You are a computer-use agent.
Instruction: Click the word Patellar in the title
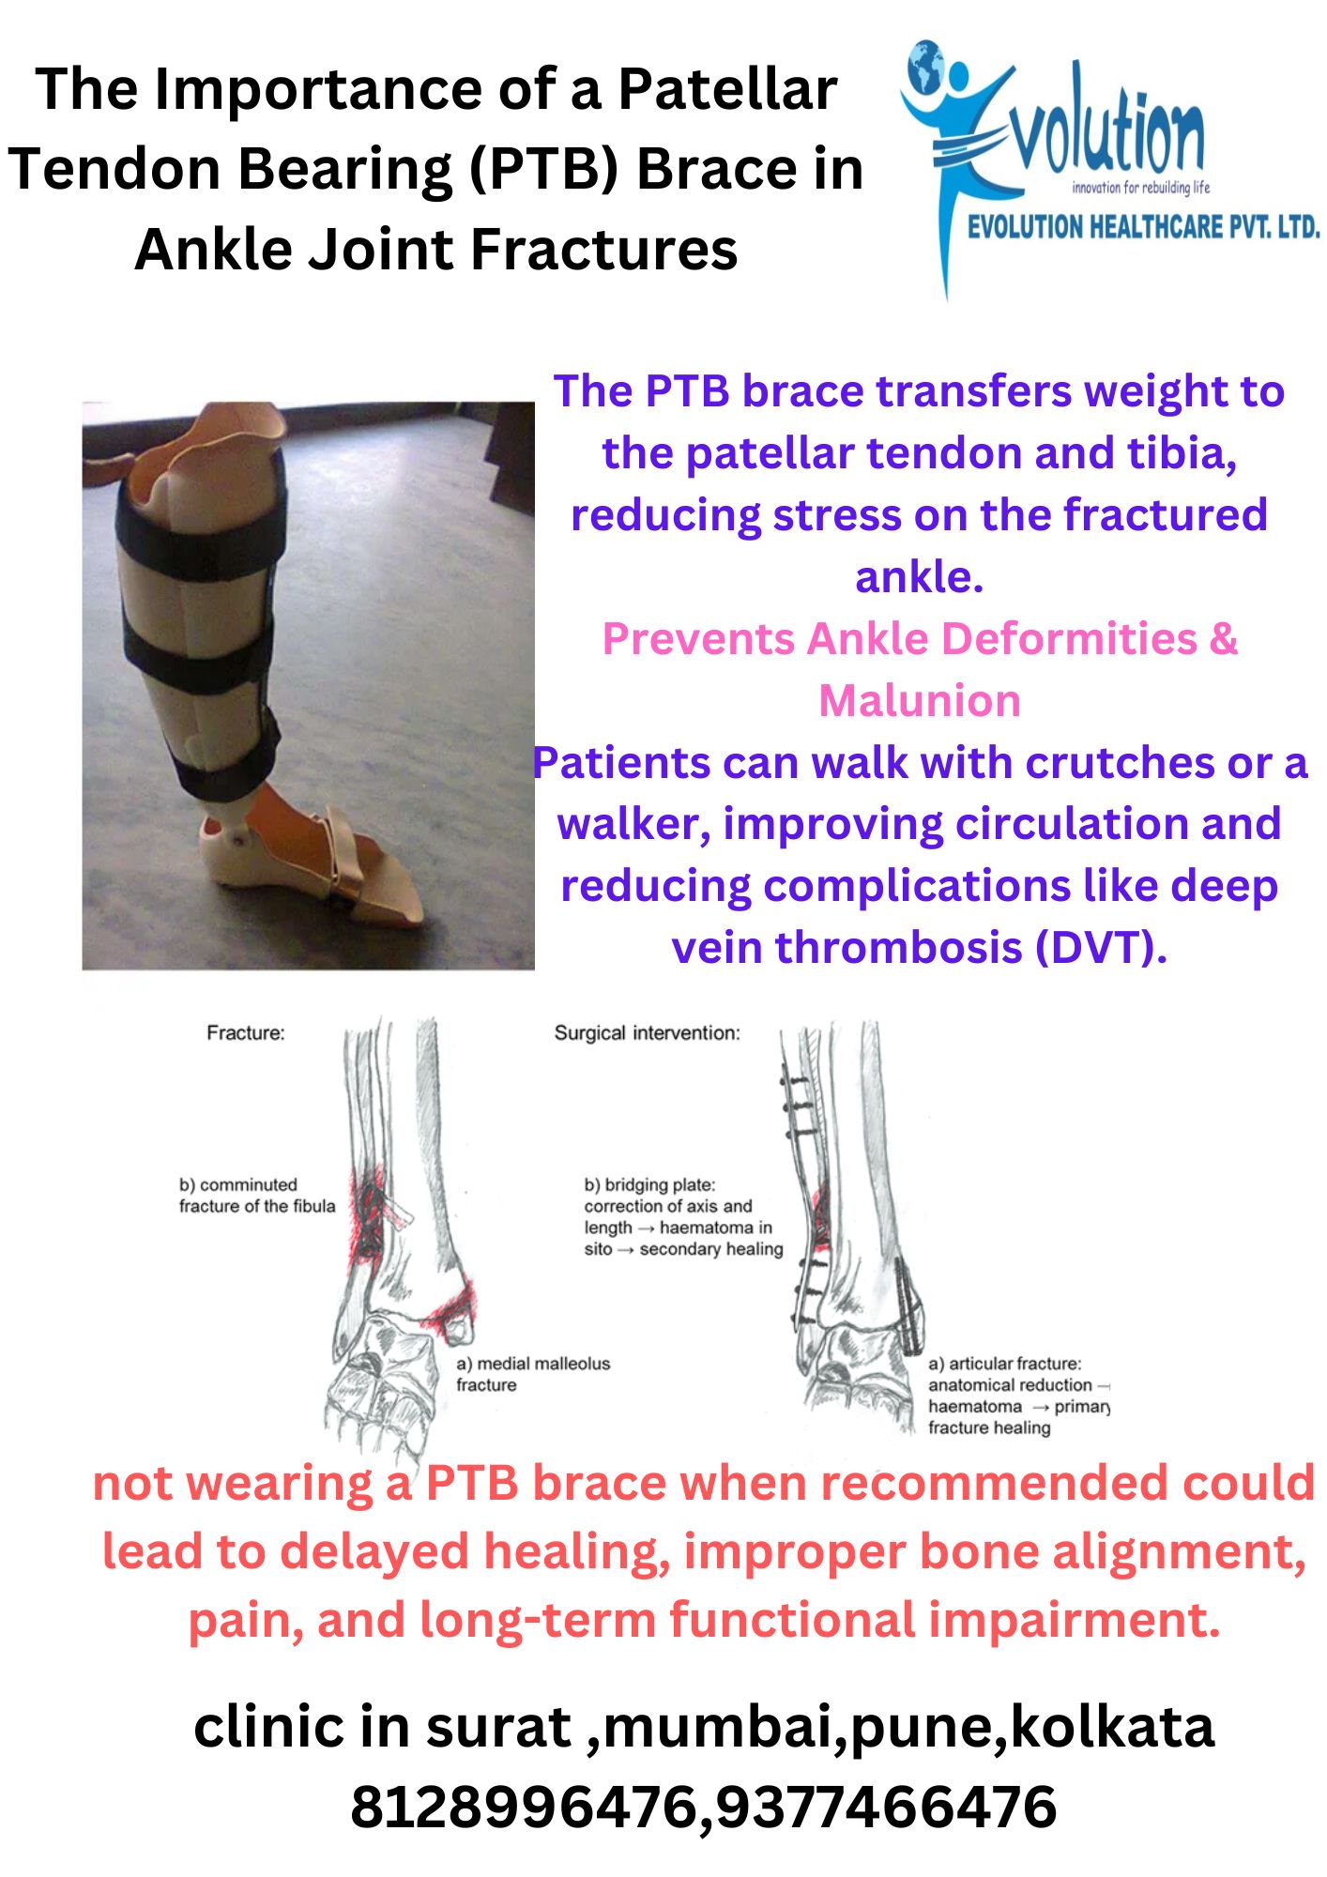pos(726,90)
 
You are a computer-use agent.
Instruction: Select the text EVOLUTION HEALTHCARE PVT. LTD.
pos(1144,226)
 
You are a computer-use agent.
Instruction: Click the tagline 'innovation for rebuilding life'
pos(1141,188)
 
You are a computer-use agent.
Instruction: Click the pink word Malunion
pos(920,701)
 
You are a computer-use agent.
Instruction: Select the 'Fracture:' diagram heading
pos(246,1033)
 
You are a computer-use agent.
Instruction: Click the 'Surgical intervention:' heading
pos(648,1033)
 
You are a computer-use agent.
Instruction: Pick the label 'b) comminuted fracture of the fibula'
pos(257,1196)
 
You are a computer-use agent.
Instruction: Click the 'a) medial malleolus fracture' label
pos(533,1374)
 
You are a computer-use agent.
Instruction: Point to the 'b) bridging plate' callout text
pos(683,1217)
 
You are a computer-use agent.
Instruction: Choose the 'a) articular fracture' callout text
pos(1019,1396)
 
